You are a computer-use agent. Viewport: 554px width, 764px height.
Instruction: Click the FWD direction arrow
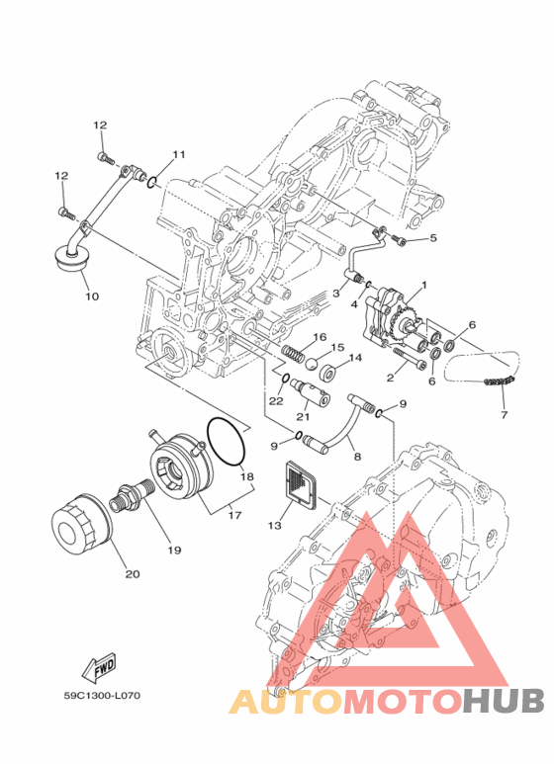click(100, 667)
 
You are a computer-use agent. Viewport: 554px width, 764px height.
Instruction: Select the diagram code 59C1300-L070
click(102, 695)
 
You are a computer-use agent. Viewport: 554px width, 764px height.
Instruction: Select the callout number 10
click(92, 296)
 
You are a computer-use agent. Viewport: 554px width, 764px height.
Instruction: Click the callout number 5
click(432, 238)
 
